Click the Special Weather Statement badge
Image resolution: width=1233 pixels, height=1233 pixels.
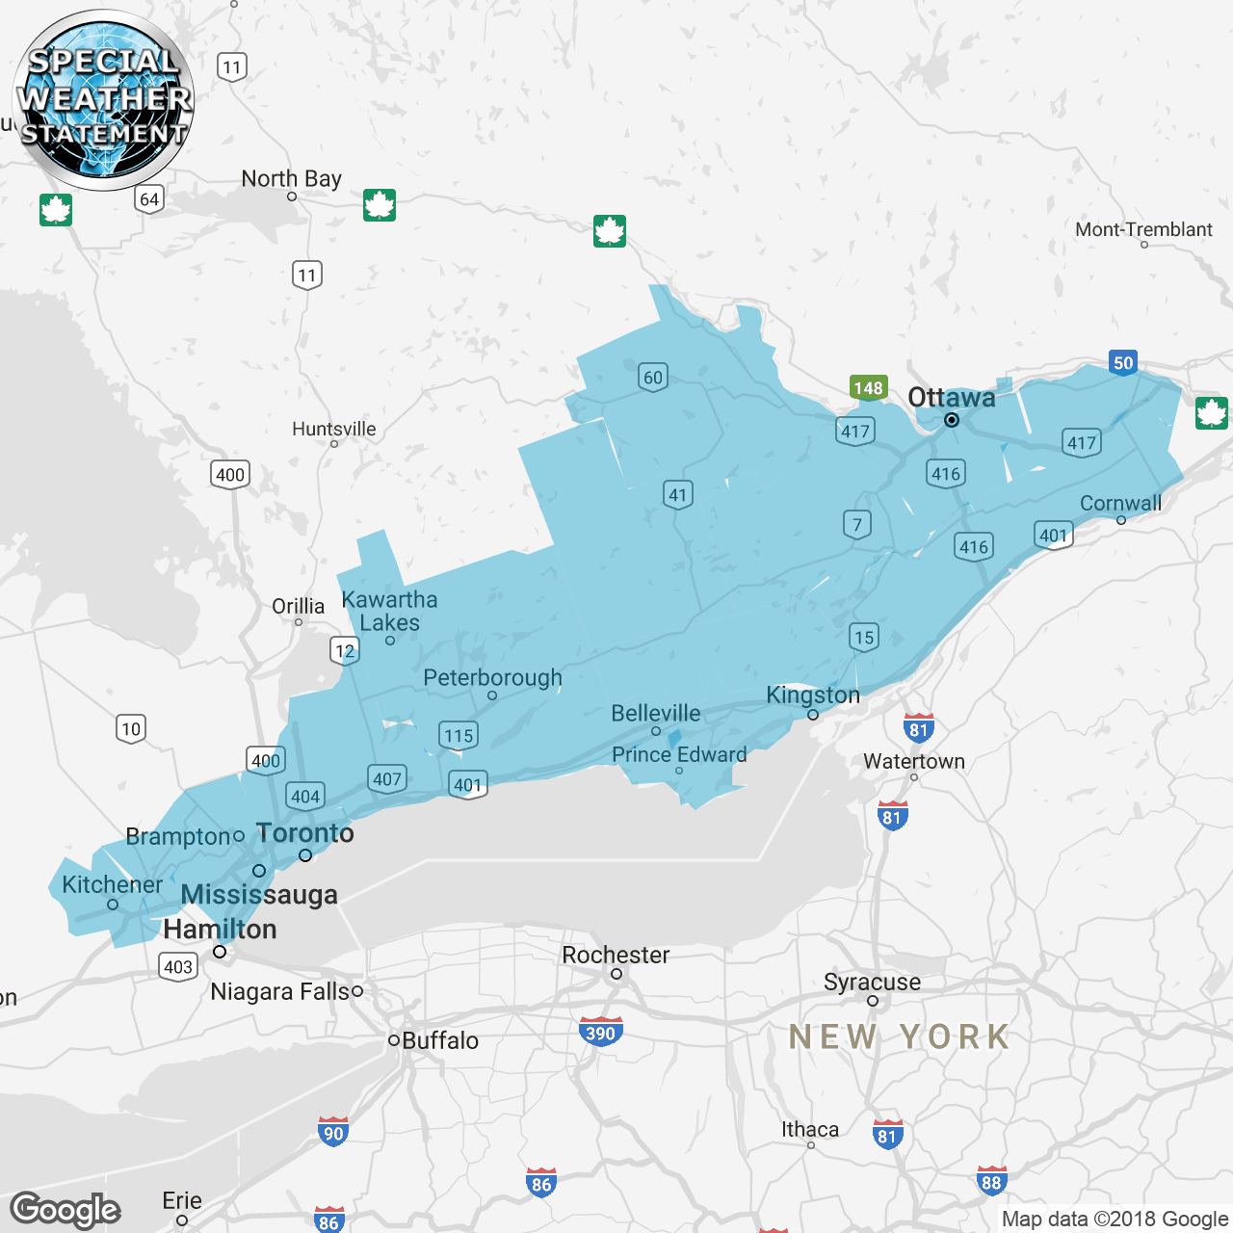tap(103, 100)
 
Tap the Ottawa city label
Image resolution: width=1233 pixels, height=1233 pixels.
tap(951, 397)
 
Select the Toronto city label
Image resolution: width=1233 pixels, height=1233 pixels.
tap(304, 833)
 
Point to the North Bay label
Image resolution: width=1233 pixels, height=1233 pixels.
tap(291, 179)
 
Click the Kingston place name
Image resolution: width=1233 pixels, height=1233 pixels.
tap(812, 695)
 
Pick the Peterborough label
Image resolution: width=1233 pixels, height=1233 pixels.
tap(492, 677)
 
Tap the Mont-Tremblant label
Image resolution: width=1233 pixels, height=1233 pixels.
tap(1143, 229)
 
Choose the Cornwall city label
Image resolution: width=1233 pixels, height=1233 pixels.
tap(1120, 503)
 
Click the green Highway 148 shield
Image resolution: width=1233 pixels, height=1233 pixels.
tap(868, 388)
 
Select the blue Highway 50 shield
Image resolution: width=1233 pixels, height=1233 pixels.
tap(1123, 363)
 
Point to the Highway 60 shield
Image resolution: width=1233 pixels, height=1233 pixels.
tap(653, 377)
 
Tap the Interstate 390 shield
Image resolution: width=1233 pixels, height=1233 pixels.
tap(600, 1033)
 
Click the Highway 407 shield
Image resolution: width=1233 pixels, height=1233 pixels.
tap(386, 778)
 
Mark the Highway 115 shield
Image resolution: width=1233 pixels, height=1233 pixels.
tap(459, 735)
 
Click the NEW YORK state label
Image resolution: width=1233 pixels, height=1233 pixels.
tap(900, 1037)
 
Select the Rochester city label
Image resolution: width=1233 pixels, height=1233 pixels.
tap(616, 955)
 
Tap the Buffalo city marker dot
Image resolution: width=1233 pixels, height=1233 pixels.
tap(394, 1040)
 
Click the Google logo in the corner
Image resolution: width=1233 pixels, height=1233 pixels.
tap(66, 1210)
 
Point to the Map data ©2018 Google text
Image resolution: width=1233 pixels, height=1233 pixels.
tap(1114, 1219)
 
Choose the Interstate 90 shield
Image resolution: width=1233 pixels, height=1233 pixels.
tap(333, 1133)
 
